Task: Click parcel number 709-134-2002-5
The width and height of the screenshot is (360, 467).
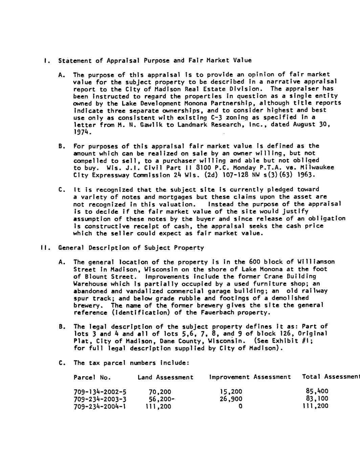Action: point(100,392)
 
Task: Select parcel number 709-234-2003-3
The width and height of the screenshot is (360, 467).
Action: point(100,399)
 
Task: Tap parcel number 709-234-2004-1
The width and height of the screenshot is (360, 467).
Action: point(100,406)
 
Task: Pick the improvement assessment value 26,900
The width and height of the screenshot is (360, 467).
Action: point(231,399)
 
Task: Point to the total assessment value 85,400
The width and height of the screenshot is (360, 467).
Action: point(317,392)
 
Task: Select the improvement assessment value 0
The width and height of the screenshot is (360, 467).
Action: point(240,406)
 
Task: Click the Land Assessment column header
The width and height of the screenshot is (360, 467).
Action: point(165,377)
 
